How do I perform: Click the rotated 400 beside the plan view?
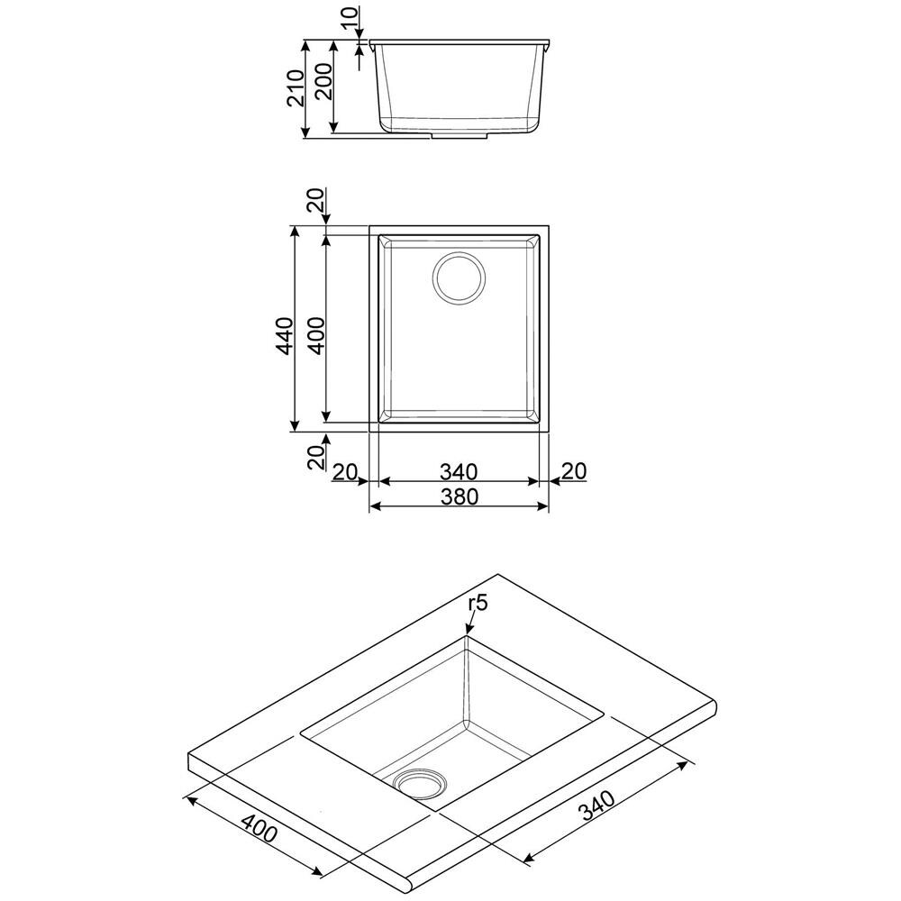tap(314, 336)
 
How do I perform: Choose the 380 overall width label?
tap(460, 496)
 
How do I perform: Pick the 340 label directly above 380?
tap(460, 470)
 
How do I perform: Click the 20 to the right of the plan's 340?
tap(573, 470)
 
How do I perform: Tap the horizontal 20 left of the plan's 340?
tap(346, 470)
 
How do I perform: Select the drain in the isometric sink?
tap(420, 782)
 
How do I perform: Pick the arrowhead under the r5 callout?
tap(467, 633)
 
